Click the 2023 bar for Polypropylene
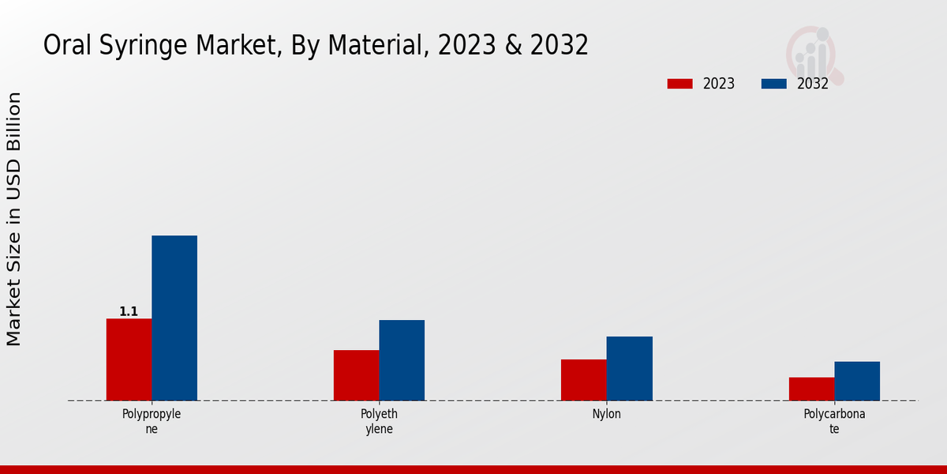[129, 359]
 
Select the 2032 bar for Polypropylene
[174, 318]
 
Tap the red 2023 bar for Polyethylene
[356, 375]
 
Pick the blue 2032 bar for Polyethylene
[402, 360]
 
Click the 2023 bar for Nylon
[583, 380]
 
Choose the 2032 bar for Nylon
[629, 368]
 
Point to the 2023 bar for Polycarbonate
[811, 389]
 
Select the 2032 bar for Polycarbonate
[857, 381]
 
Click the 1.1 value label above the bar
[129, 312]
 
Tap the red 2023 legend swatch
[679, 84]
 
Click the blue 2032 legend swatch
[773, 84]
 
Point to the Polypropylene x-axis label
[152, 421]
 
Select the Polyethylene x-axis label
[379, 421]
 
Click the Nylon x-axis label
[606, 414]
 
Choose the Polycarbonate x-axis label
[834, 421]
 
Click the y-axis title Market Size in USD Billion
[14, 219]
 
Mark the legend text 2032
[812, 84]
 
